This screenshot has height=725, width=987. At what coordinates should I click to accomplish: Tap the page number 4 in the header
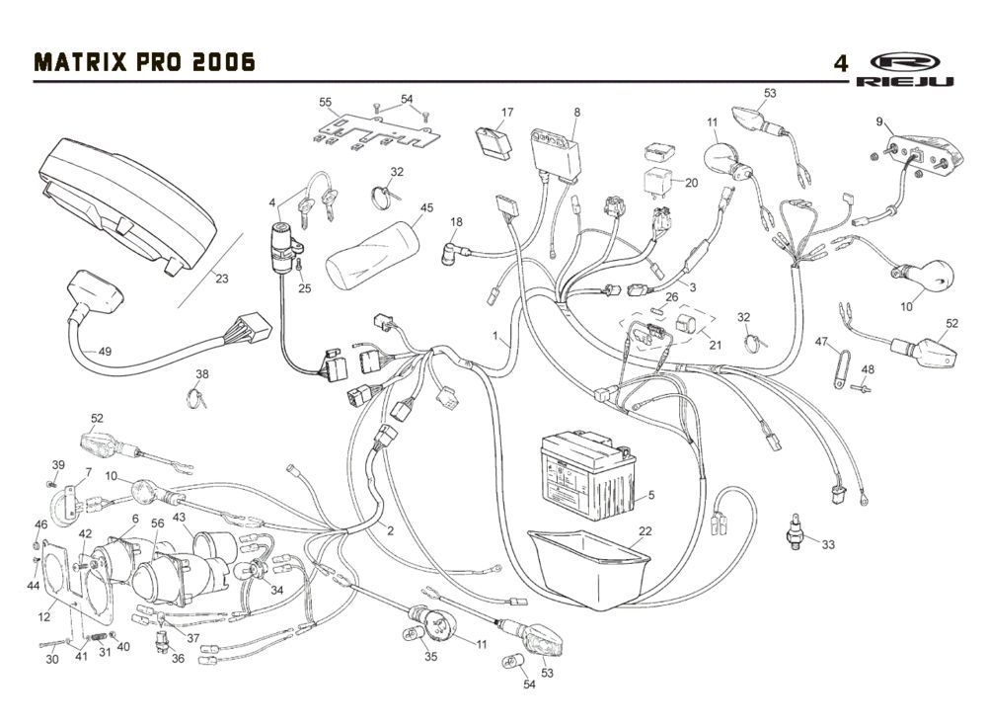[840, 63]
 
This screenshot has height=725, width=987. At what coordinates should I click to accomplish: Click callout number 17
[507, 113]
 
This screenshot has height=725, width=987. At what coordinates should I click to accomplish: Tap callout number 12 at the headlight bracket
[45, 617]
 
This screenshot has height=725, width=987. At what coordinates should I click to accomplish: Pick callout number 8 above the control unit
[576, 113]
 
